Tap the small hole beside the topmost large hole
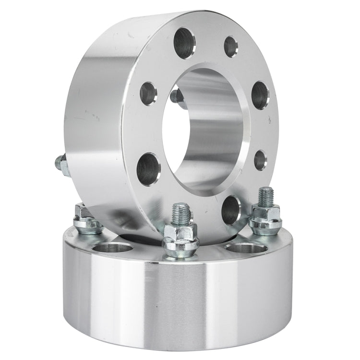tap(230, 46)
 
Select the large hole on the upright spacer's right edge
tap(260, 95)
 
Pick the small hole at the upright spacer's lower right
tap(260, 160)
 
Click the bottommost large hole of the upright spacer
tap(231, 209)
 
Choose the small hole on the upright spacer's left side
tap(148, 94)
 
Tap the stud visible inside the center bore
tap(177, 96)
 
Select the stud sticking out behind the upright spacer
tap(61, 164)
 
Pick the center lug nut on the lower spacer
tap(180, 238)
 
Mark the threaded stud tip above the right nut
tap(265, 195)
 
